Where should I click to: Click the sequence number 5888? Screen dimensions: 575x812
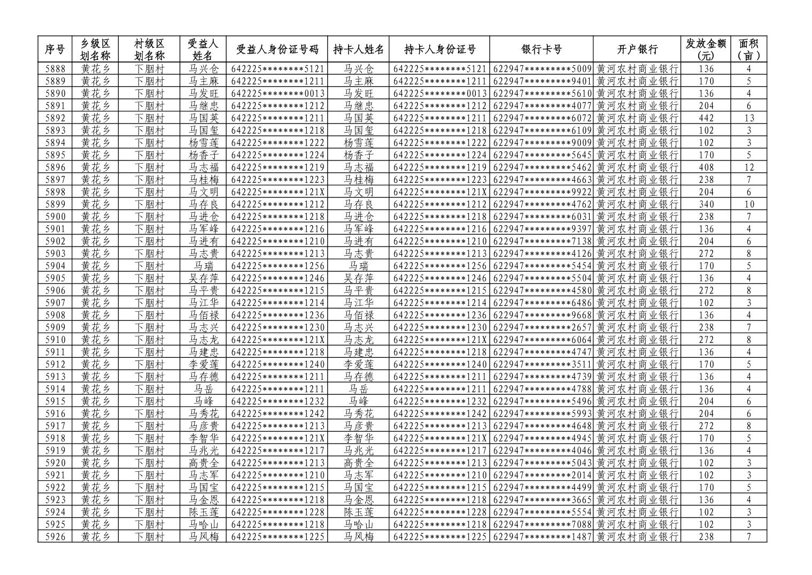[56, 69]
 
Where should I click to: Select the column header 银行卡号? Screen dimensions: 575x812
[541, 50]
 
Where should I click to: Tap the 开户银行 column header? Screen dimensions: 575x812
[637, 50]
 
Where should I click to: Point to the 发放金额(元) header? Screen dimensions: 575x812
[706, 50]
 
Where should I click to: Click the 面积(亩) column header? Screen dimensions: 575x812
[748, 50]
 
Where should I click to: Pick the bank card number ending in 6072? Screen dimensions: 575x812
[542, 118]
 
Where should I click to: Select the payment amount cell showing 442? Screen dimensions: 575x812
[706, 118]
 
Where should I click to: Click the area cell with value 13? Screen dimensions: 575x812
[748, 118]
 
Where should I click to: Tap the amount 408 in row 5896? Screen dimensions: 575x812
[706, 167]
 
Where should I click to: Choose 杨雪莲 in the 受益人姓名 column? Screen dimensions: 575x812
[204, 143]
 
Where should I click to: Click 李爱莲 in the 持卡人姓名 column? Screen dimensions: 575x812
[359, 364]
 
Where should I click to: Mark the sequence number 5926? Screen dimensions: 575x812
[56, 536]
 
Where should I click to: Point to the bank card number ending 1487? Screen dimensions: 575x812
[542, 536]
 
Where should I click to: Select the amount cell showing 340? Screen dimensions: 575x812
[706, 204]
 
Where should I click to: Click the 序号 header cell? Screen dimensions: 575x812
[56, 50]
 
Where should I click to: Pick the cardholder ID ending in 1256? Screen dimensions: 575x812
[439, 266]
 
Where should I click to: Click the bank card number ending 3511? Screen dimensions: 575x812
[542, 364]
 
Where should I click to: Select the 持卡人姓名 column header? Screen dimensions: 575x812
[359, 50]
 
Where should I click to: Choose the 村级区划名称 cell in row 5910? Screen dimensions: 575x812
[149, 340]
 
